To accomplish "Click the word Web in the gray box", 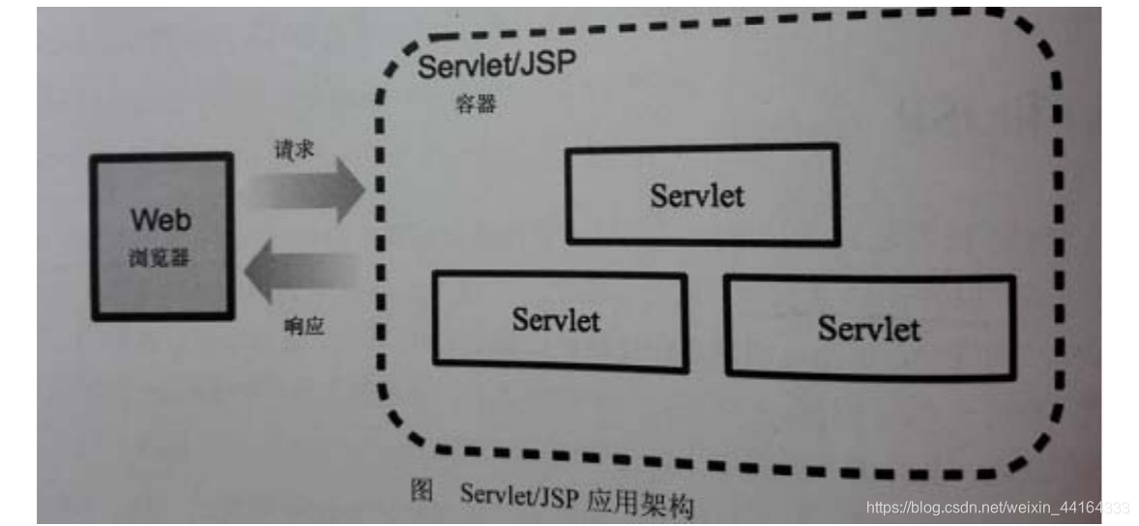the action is coord(161,219).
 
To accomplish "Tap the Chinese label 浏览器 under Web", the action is coord(160,258).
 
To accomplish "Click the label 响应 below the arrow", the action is coord(304,326).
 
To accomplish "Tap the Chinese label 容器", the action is coord(476,104).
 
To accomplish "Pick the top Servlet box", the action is coord(701,193).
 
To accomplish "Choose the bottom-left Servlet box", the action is coord(560,320).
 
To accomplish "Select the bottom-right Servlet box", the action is coord(869,327).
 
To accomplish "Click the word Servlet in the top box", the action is coord(697,195).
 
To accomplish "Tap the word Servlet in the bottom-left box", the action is coord(556,320).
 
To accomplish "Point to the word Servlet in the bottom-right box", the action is coord(869,328).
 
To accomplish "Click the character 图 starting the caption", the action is coord(422,490).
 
